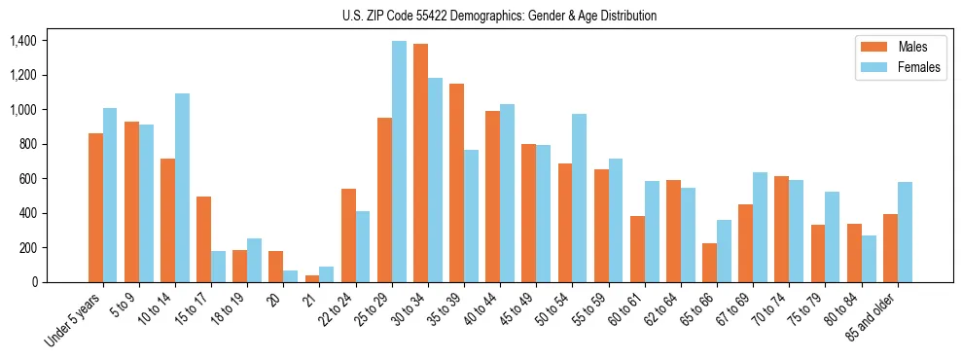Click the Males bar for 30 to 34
point(421,162)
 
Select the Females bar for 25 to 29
point(399,162)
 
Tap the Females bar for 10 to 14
point(182,188)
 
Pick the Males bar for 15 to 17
point(203,239)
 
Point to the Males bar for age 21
point(312,278)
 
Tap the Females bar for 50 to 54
point(580,198)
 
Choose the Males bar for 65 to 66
point(710,263)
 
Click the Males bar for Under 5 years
point(95,207)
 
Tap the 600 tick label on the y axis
point(25,179)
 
